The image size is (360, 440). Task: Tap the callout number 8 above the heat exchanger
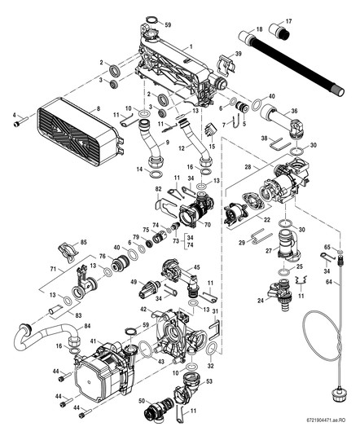pos(98,108)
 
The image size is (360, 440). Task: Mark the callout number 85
pos(83,243)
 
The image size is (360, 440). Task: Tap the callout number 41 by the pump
pos(94,340)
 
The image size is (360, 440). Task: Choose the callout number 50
pos(143,402)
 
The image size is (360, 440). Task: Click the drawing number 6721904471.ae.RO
pos(331,433)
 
